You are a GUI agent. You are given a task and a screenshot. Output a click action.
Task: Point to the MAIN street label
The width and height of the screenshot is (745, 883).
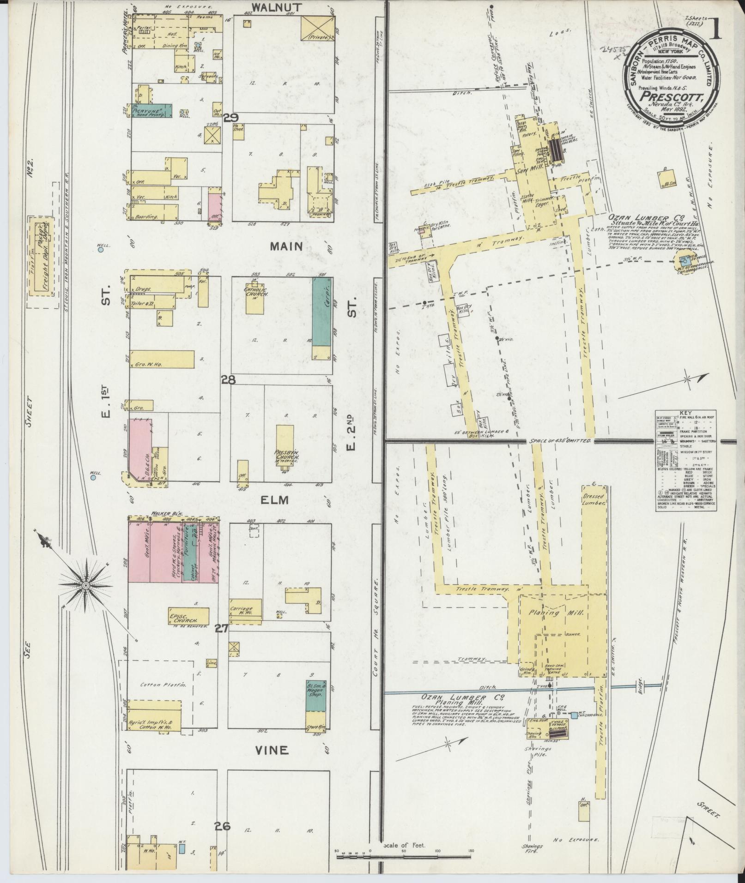tap(286, 246)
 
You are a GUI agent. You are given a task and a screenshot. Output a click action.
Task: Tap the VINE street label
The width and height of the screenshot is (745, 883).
tap(272, 750)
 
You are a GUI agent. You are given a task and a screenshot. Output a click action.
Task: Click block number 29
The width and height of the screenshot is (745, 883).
tap(230, 118)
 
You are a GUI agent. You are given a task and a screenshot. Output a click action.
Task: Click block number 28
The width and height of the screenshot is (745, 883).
tap(228, 380)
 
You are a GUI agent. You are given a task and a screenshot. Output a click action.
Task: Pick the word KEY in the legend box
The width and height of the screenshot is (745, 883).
tap(685, 413)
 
